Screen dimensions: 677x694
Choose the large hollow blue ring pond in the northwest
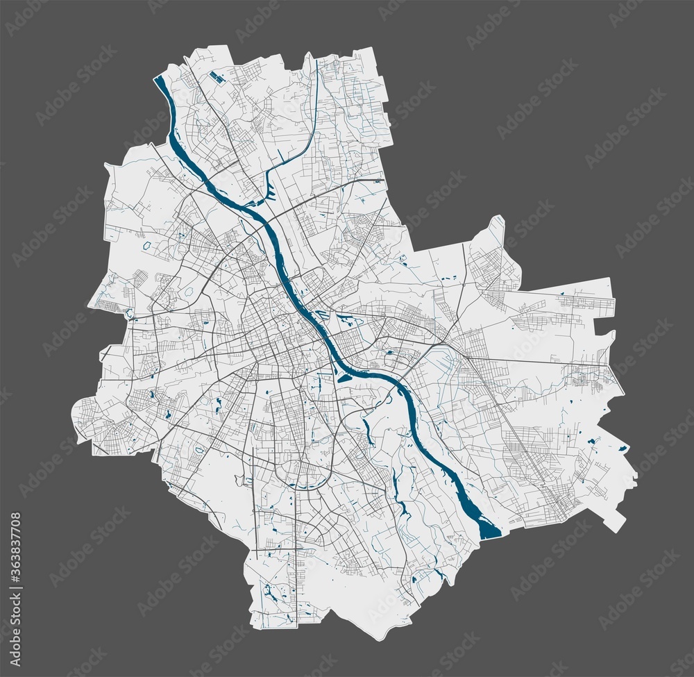coord(147,244)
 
